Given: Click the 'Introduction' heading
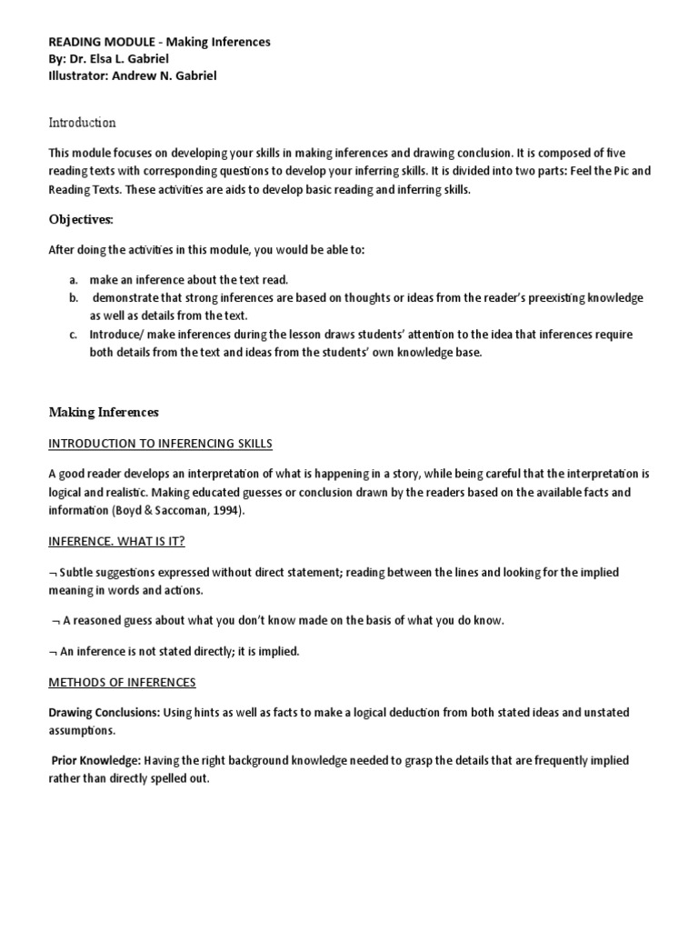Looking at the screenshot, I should [82, 123].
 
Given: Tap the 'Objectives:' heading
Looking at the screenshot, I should [82, 219].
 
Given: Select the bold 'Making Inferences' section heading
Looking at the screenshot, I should [104, 412].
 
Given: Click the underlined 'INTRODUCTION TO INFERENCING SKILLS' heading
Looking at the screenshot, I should [160, 444].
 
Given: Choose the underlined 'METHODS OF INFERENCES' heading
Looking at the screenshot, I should [122, 682].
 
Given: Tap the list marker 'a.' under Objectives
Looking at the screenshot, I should [74, 280].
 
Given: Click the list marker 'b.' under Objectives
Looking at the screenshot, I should [74, 298].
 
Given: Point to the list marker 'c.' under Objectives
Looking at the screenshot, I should [73, 335].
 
